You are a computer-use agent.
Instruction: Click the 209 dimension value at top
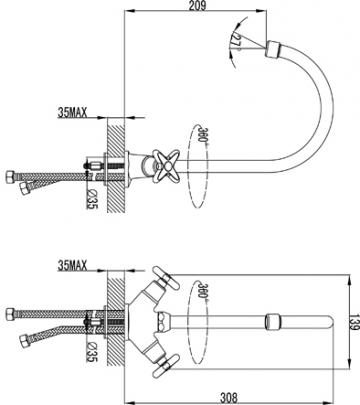[x=198, y=6]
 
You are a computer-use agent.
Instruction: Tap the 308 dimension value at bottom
[x=229, y=398]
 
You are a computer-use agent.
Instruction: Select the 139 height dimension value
[x=353, y=323]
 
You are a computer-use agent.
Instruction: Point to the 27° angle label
[x=237, y=41]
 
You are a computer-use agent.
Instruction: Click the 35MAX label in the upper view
[x=72, y=113]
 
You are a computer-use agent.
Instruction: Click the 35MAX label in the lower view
[x=72, y=265]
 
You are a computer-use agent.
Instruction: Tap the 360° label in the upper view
[x=201, y=133]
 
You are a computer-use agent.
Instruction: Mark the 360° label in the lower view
[x=201, y=290]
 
